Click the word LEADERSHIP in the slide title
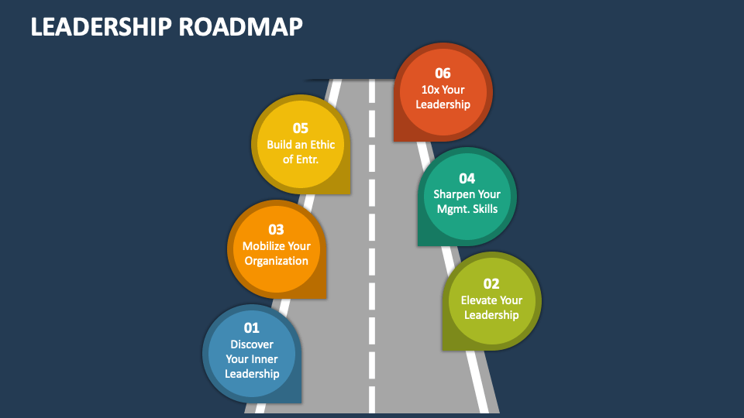pos(101,26)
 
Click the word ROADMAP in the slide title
pos(240,26)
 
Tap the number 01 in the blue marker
pos(252,328)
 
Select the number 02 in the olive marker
pos(491,284)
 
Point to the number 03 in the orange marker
pos(276,230)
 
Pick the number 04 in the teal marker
pos(467,179)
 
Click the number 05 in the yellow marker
pos(301,128)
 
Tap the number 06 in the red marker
pos(443,74)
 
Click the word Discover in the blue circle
pos(252,344)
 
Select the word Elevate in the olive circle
pos(478,300)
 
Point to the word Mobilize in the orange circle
pos(263,246)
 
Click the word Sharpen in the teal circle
pos(453,194)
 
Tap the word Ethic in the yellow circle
pos(322,145)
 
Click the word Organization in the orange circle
pos(276,261)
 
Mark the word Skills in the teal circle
pos(485,209)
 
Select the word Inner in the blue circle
pos(265,359)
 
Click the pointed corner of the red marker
pos(394,141)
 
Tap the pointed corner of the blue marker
pos(301,403)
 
